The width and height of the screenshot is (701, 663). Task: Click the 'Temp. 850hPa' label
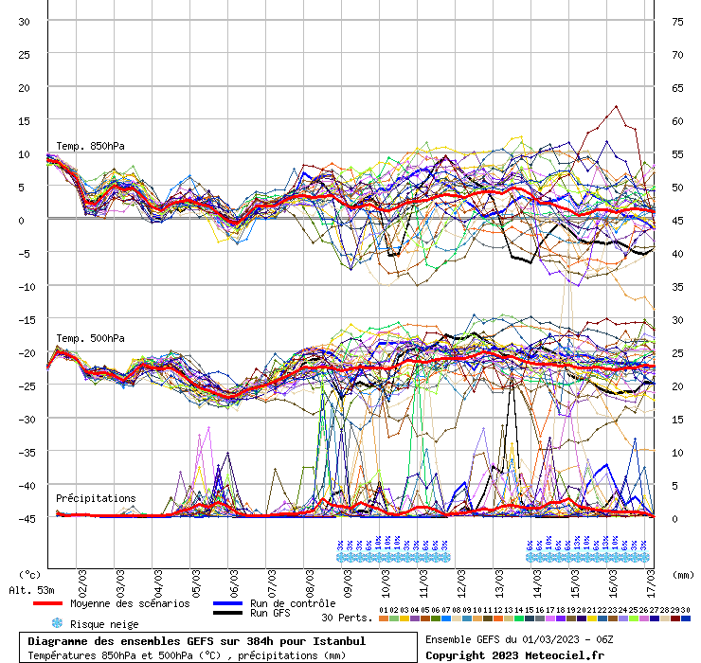(90, 146)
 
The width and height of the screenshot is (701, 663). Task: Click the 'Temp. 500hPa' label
(90, 338)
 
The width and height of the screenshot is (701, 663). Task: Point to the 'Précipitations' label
(95, 498)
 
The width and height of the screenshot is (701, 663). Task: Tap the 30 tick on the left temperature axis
(25, 21)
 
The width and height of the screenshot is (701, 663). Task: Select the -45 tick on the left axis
(25, 518)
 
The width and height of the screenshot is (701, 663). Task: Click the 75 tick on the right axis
(677, 21)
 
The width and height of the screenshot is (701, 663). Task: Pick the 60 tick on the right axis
(677, 120)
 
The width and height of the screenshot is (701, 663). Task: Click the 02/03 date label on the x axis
(83, 580)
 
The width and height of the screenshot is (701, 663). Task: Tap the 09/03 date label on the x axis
(350, 580)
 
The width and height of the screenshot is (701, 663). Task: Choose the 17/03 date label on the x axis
(653, 580)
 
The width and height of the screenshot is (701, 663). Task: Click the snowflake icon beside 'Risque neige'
(57, 623)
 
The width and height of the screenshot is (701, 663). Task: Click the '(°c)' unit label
(30, 574)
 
